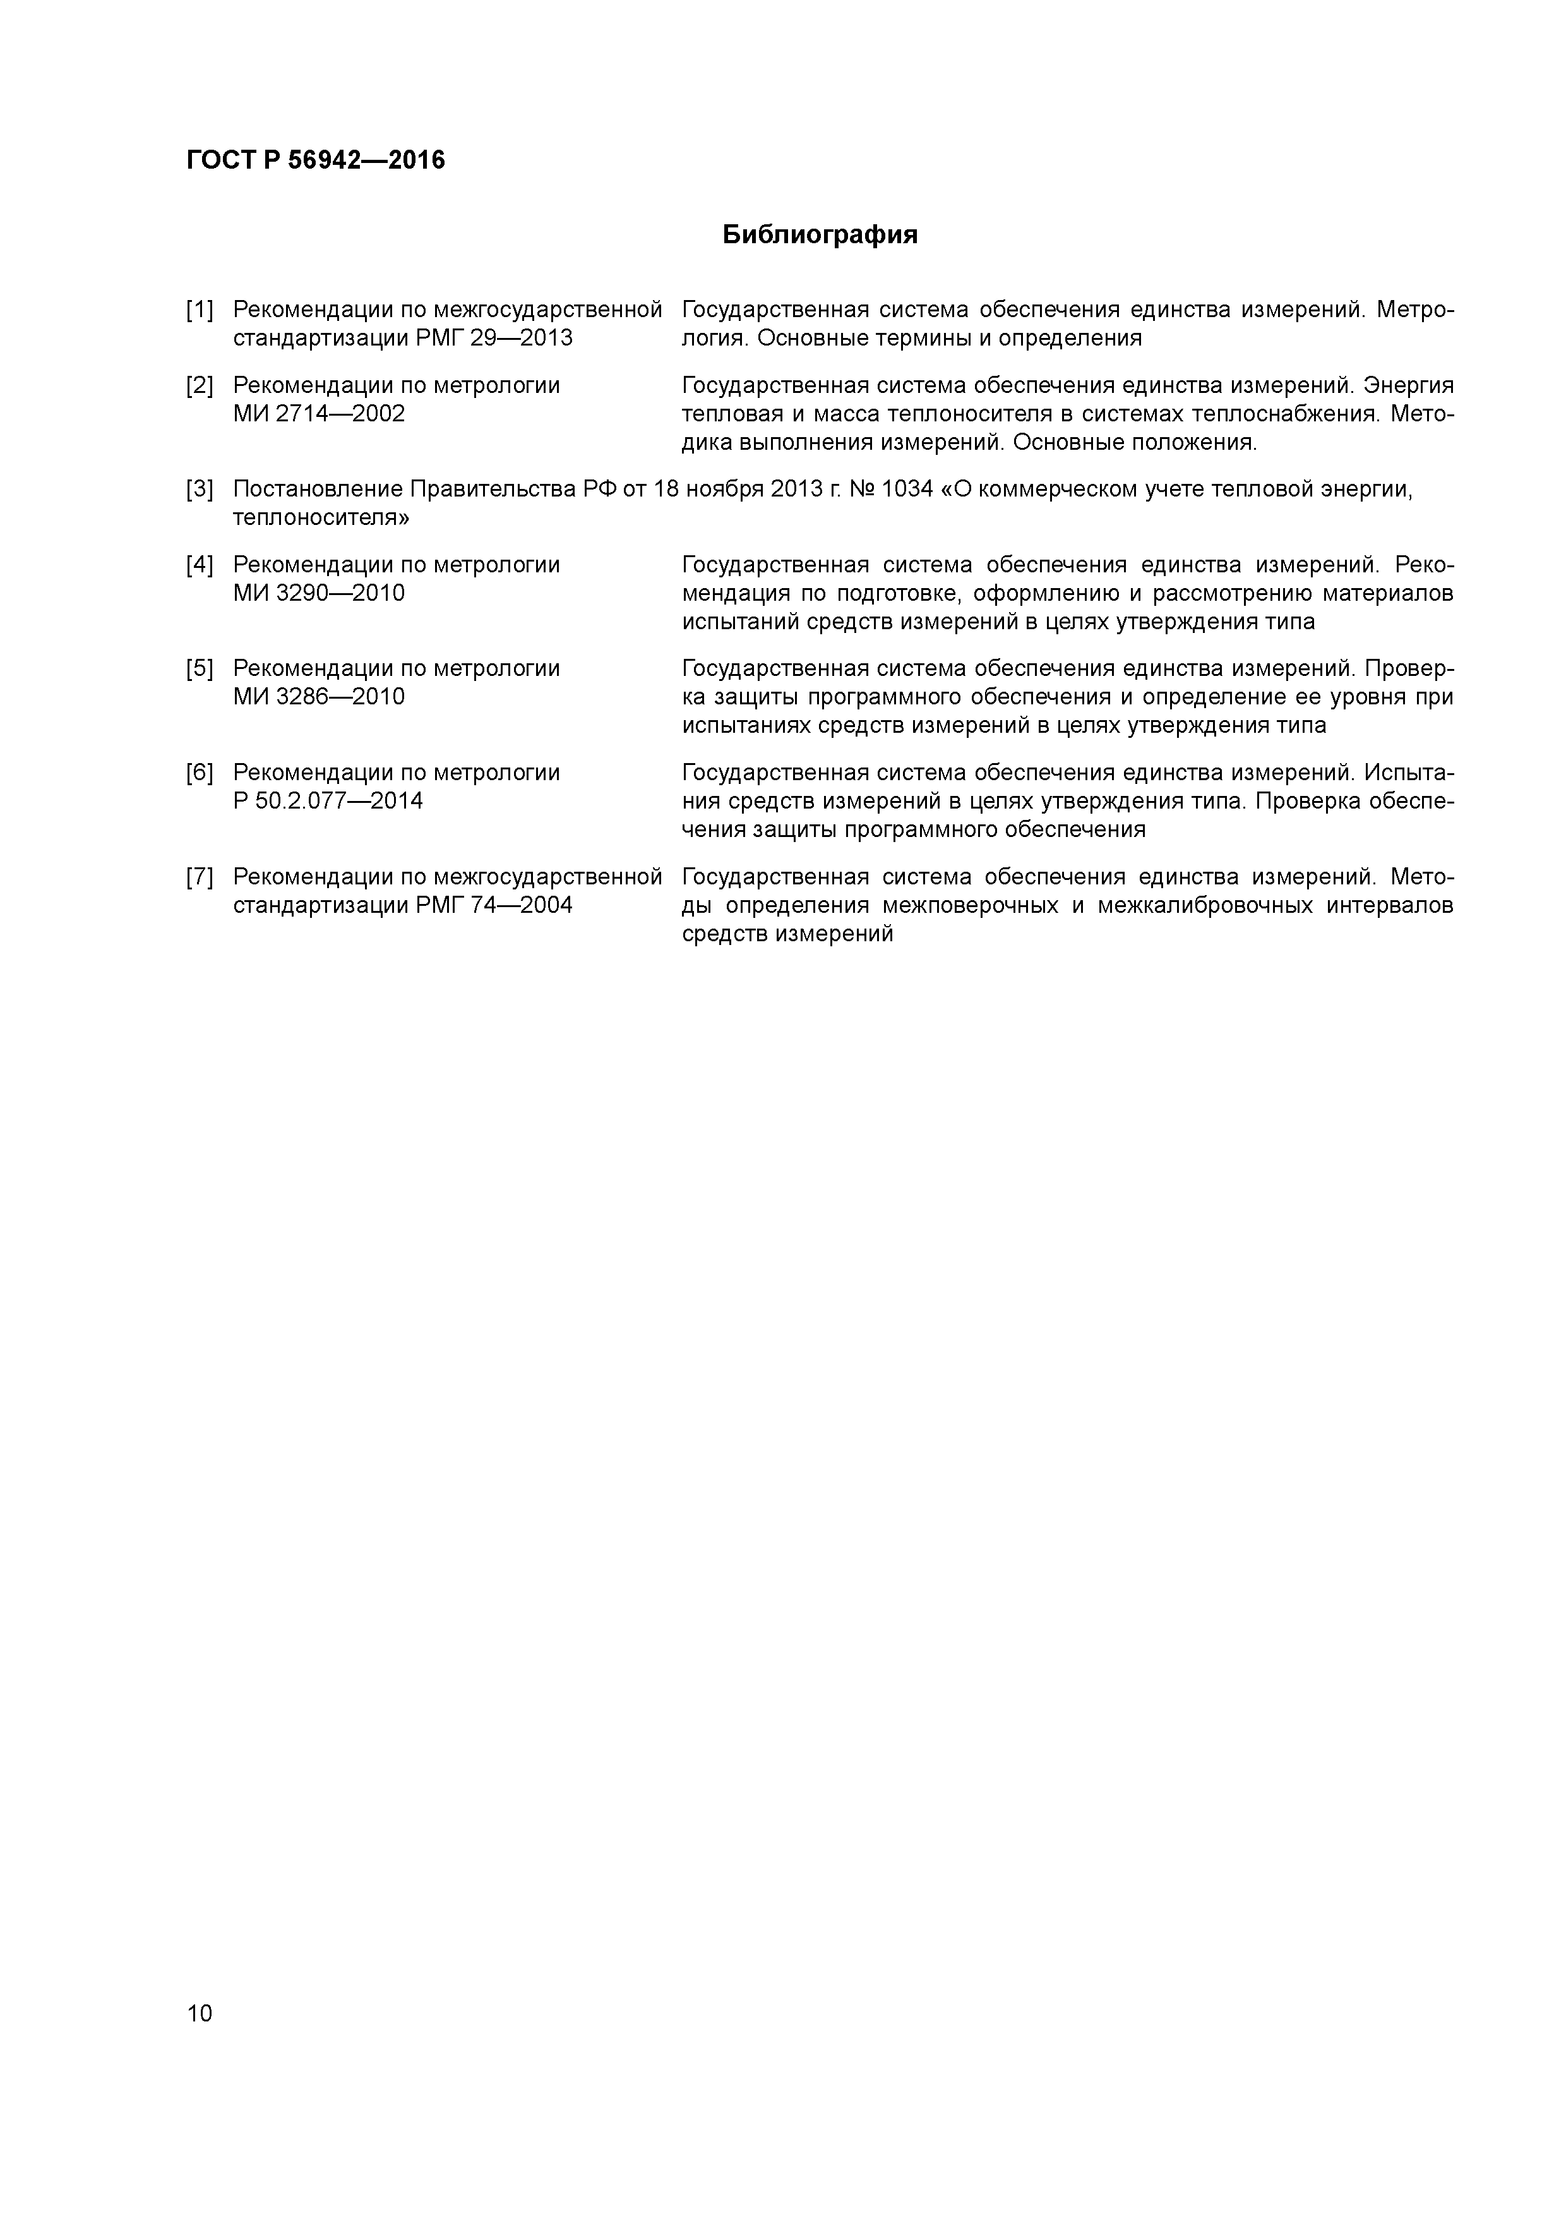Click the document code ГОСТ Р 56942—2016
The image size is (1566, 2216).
316,160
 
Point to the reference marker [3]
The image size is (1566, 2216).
200,490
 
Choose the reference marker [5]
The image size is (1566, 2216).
200,669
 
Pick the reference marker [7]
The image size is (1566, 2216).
200,877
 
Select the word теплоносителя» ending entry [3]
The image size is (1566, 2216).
320,518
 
